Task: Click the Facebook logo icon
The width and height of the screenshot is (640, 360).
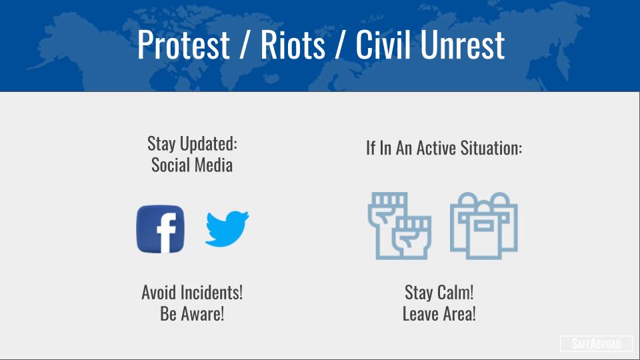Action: pyautogui.click(x=160, y=229)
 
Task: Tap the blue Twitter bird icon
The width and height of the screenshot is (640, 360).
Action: pyautogui.click(x=227, y=229)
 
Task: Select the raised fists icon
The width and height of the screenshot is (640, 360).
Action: pyautogui.click(x=399, y=226)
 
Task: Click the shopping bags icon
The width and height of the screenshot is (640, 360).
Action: pyautogui.click(x=484, y=226)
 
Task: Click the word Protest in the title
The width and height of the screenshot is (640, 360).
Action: pyautogui.click(x=183, y=45)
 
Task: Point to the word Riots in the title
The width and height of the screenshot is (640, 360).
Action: pyautogui.click(x=293, y=44)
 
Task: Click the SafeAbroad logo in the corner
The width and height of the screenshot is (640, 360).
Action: pyautogui.click(x=596, y=344)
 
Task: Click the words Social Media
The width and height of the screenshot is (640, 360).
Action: pyautogui.click(x=192, y=165)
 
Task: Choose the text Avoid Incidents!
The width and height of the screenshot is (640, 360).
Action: pyautogui.click(x=192, y=292)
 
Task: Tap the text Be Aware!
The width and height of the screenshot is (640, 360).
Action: pyautogui.click(x=192, y=314)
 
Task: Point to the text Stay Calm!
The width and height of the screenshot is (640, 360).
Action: pyautogui.click(x=439, y=292)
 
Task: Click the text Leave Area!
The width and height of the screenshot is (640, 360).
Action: pyautogui.click(x=439, y=314)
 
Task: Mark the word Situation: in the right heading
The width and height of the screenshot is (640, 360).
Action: pyautogui.click(x=491, y=148)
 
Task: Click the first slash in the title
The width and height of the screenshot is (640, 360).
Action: pyautogui.click(x=245, y=45)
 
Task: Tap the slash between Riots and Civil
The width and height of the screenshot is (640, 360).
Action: pyautogui.click(x=340, y=45)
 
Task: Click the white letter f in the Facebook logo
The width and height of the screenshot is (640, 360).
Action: pyautogui.click(x=166, y=233)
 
